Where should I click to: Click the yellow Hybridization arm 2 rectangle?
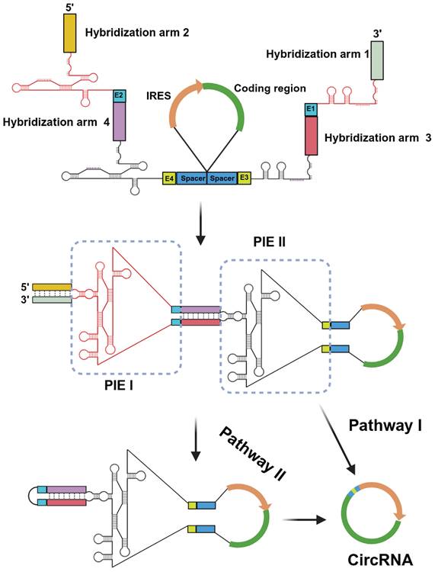point(69,33)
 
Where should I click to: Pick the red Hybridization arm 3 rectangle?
point(310,136)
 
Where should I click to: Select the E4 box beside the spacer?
point(169,179)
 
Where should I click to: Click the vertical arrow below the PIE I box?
point(196,441)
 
